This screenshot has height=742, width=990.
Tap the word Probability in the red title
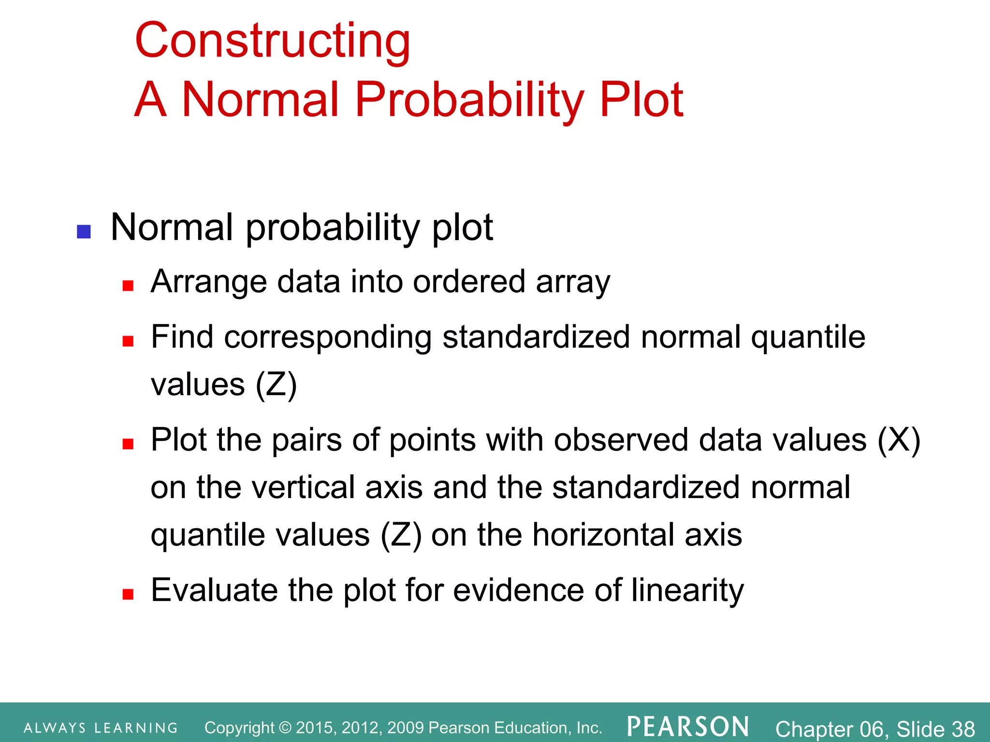[x=469, y=100]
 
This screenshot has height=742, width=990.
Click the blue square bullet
[x=84, y=232]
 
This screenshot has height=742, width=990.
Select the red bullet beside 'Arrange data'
[x=128, y=286]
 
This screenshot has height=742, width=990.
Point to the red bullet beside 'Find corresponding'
[x=128, y=342]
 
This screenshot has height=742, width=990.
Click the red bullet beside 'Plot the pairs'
[x=128, y=444]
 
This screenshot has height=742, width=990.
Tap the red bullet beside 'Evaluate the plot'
[x=128, y=594]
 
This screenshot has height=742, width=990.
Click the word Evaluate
[x=214, y=590]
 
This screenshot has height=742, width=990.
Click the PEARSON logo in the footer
[x=688, y=727]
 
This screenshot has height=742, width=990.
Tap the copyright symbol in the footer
[x=286, y=728]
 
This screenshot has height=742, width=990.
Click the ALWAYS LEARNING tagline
[x=101, y=728]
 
